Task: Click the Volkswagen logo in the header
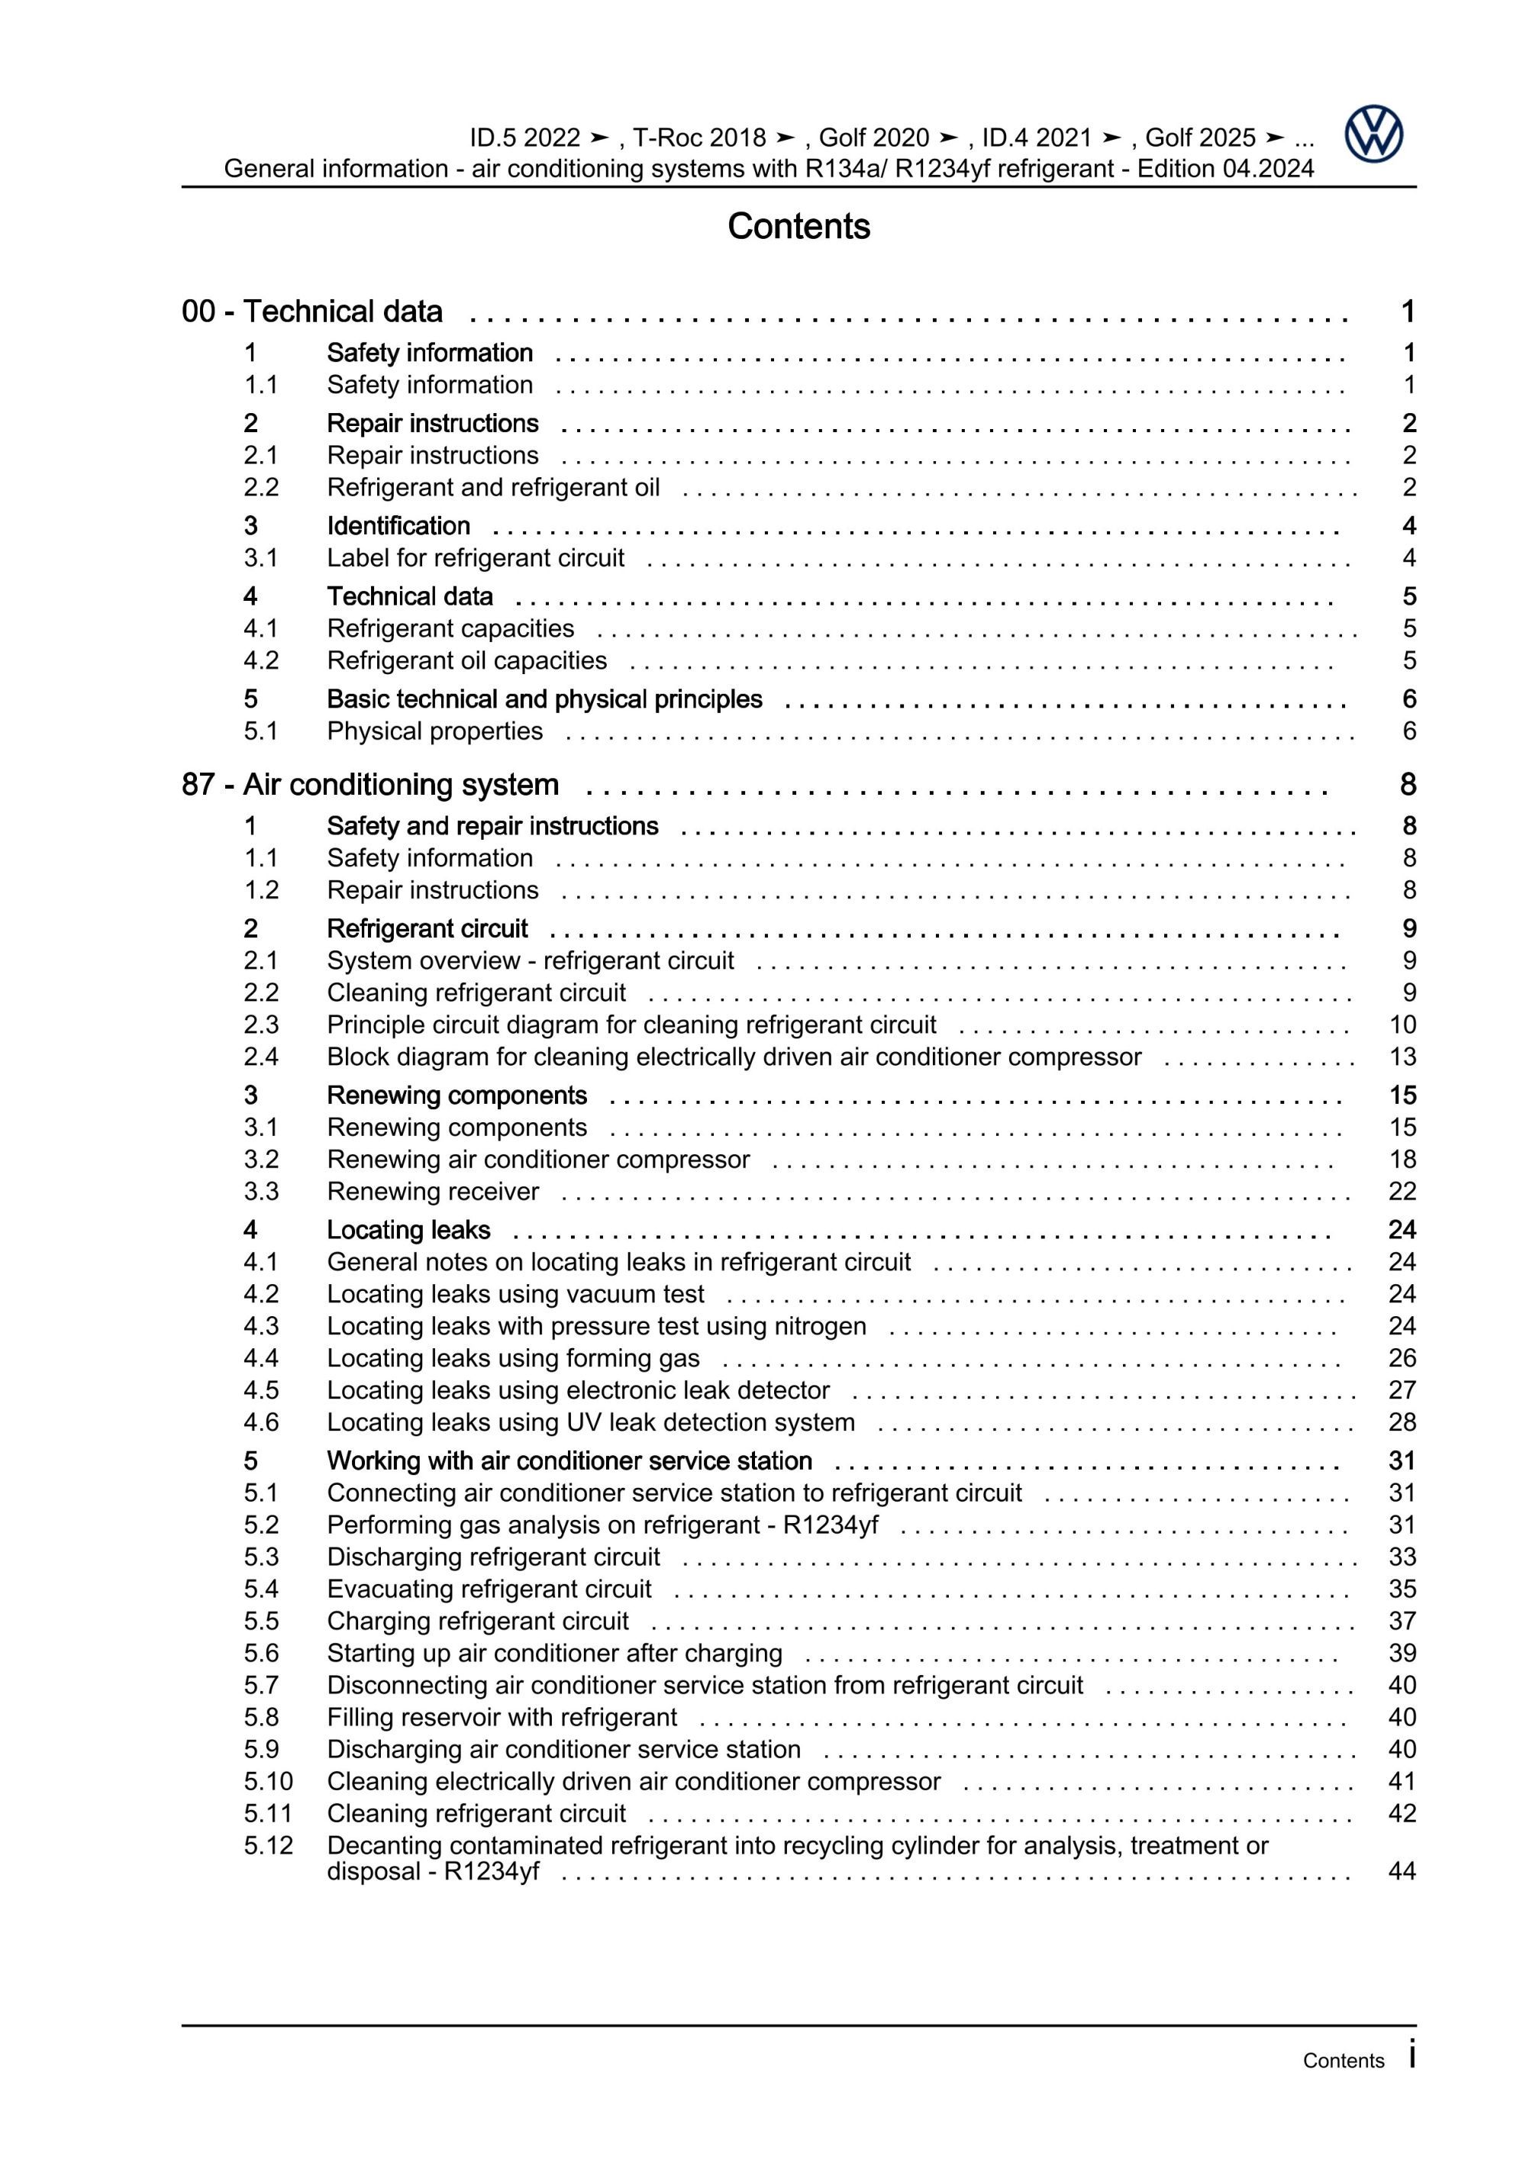(1373, 134)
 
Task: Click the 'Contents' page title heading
(798, 227)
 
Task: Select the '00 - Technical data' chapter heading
(312, 311)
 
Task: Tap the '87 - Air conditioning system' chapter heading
(370, 784)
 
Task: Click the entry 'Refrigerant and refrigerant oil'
(492, 487)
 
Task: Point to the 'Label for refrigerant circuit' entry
(475, 557)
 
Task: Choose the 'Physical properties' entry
(434, 731)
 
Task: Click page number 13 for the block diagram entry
(1402, 1057)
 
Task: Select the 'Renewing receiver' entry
(433, 1192)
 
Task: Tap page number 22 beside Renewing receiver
(1402, 1192)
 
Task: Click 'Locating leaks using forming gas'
(513, 1358)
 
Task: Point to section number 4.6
(261, 1422)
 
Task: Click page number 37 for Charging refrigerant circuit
(1402, 1620)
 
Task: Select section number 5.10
(268, 1781)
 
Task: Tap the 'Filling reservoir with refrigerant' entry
(501, 1717)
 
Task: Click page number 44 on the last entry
(1402, 1871)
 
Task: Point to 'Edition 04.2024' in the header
(1225, 169)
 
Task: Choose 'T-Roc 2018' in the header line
(699, 138)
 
